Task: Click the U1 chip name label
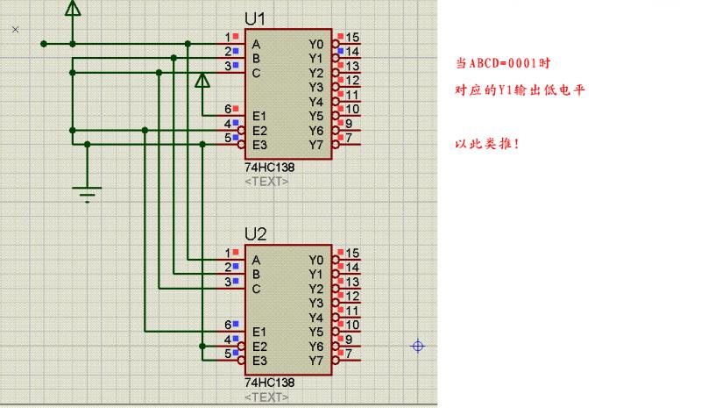coord(256,19)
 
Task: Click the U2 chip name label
coord(256,235)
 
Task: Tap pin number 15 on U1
coord(352,37)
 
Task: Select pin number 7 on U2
coord(349,354)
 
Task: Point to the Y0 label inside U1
coord(316,44)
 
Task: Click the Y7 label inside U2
coord(316,361)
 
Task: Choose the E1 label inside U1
coord(259,116)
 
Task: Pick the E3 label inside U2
coord(259,361)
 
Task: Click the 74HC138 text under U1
coord(269,167)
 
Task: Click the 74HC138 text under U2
coord(269,383)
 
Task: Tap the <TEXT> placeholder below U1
coord(266,181)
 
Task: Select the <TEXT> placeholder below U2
coord(266,397)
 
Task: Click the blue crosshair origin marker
coord(418,346)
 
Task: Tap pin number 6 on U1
coord(227,109)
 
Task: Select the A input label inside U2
coord(256,261)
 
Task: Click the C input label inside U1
coord(256,73)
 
